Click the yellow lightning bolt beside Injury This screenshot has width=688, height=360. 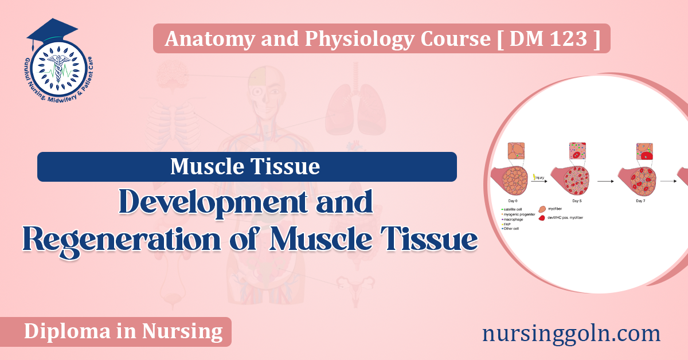535,177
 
